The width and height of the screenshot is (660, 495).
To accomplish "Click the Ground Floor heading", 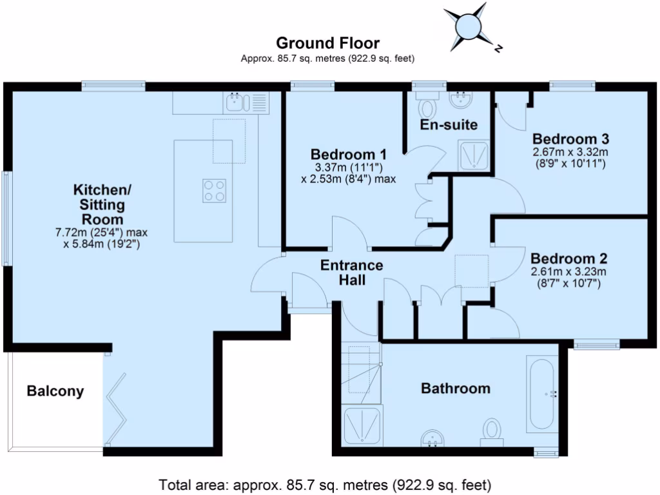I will (327, 43).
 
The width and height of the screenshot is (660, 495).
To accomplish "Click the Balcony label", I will (55, 391).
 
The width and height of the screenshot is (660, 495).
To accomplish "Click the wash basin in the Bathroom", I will (432, 438).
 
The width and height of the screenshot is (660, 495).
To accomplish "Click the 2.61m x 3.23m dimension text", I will (568, 271).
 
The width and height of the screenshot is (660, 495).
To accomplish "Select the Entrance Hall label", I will (352, 272).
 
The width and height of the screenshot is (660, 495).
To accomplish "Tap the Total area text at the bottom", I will (325, 483).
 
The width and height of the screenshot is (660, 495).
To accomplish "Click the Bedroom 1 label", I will (348, 154).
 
